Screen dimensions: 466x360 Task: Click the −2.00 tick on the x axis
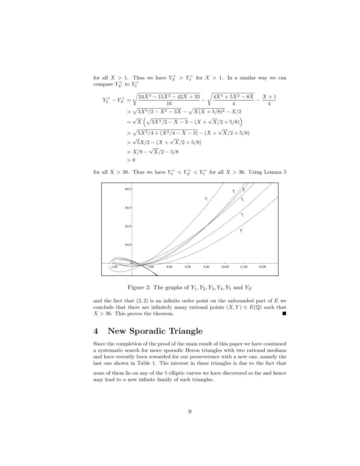coord(113,267)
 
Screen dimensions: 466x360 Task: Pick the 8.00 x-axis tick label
coord(206,267)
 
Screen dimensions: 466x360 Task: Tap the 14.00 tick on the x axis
coord(262,267)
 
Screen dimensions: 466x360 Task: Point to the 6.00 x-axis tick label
coord(188,267)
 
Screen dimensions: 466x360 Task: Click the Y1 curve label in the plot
coord(206,199)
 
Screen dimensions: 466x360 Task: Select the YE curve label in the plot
coord(242,200)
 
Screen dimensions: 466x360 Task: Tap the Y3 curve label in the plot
coord(242,215)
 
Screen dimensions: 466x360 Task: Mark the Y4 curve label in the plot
coord(241,230)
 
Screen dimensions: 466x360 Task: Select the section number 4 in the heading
coord(96,331)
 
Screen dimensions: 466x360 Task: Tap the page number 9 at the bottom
coord(190,412)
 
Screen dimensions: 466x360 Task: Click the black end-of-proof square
coord(284,314)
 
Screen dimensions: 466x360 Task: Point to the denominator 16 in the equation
coord(169,103)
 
